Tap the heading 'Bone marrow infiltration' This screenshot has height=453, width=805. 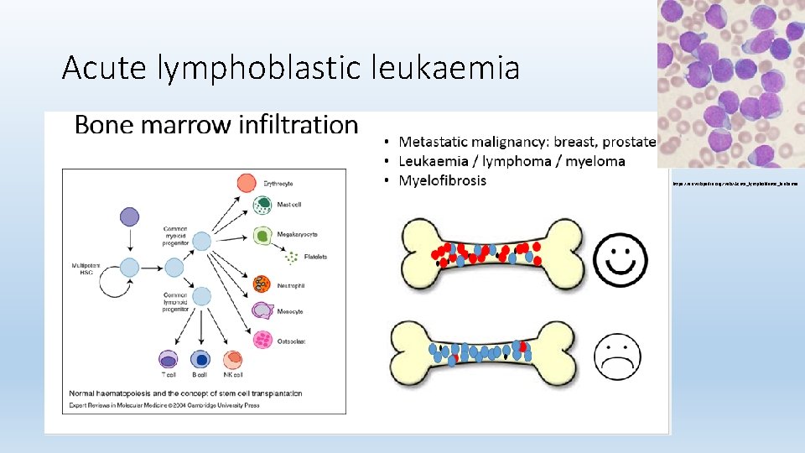pos(216,125)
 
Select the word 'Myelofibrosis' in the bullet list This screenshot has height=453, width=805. pos(442,180)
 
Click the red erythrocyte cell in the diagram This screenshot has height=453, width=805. pos(247,182)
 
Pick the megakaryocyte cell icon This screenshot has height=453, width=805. pos(262,236)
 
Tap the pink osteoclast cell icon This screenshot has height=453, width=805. pos(262,339)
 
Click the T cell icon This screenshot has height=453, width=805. pos(169,359)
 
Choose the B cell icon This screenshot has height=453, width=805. pos(200,359)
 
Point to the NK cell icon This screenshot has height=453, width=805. pos(232,359)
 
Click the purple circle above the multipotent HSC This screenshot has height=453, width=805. pos(130,217)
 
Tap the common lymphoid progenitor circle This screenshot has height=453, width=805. pos(201,296)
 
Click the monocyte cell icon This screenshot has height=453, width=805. pos(262,311)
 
